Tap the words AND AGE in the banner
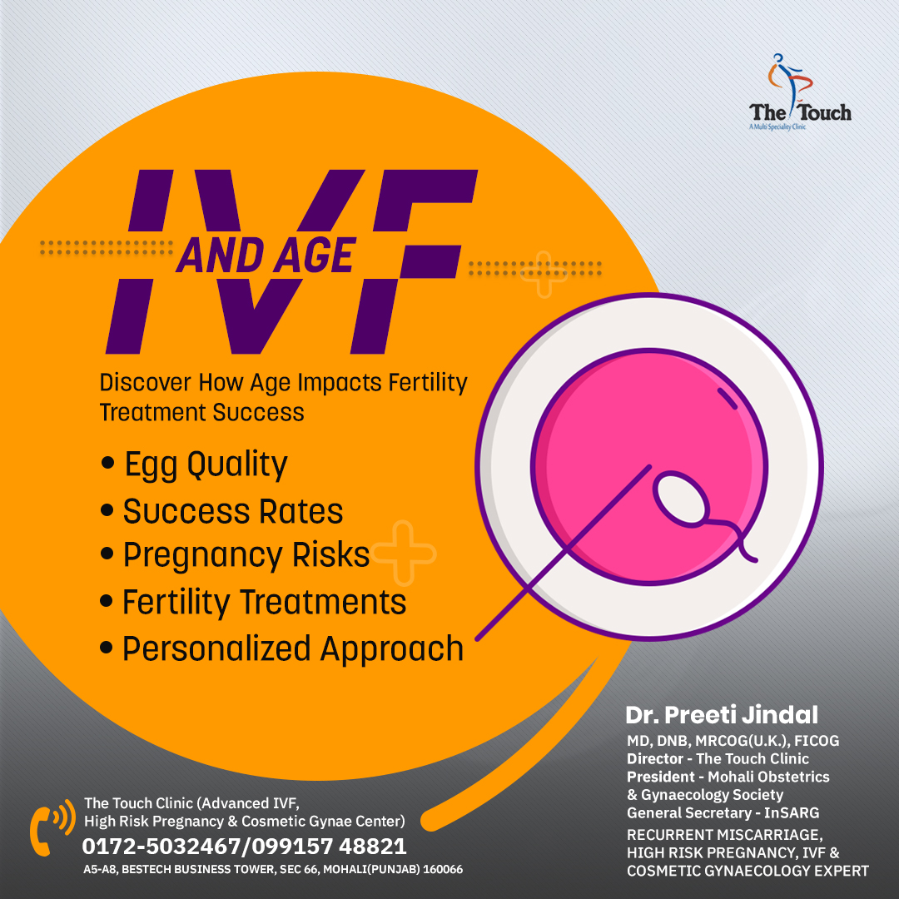pos(265,255)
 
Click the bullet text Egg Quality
pos(205,464)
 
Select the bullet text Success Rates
pos(232,511)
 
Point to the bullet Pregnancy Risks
pos(246,555)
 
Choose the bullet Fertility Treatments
pos(264,602)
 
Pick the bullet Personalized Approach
pos(292,648)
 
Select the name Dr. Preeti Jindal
pos(721,714)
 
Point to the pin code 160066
pos(442,869)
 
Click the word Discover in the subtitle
pos(146,384)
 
